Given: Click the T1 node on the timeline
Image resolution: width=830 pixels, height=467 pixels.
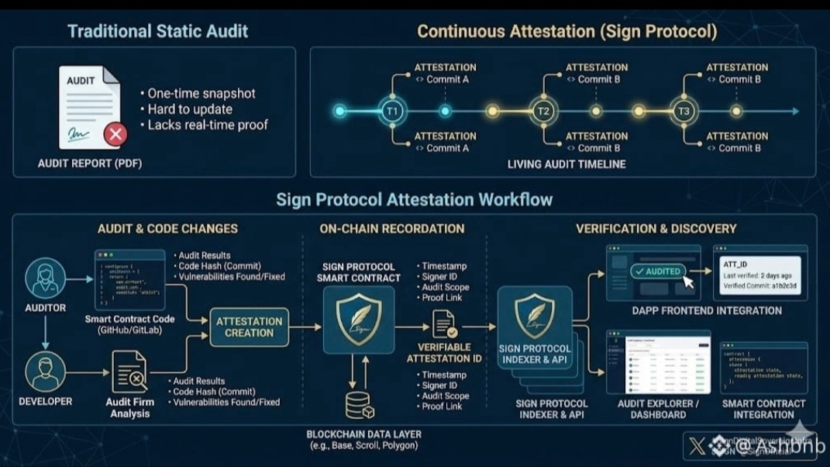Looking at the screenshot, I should [392, 112].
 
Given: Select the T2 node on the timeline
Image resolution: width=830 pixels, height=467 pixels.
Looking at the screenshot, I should [544, 112].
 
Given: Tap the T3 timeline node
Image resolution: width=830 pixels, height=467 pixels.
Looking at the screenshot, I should [684, 112].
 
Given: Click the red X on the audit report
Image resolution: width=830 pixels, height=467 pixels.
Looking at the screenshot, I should [115, 134].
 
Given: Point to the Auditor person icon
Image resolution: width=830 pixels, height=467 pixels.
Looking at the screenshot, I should [45, 278].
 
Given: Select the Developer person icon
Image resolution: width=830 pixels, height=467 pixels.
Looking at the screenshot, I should [45, 372].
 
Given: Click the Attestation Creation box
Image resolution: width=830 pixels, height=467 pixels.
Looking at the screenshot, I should [249, 327].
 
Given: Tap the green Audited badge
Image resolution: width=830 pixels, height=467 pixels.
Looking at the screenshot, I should [657, 272].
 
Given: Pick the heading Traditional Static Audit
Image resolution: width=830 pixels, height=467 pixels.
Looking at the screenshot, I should [157, 32].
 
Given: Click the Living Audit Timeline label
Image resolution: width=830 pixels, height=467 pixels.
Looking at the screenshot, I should [567, 164].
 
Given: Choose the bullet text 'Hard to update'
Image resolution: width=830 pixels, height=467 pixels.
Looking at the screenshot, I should [190, 109].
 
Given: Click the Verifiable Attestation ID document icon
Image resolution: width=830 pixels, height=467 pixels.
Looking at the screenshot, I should [444, 325].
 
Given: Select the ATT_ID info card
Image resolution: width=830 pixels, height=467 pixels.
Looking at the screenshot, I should [759, 274].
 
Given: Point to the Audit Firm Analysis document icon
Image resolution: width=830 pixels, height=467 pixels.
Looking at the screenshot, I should [129, 372].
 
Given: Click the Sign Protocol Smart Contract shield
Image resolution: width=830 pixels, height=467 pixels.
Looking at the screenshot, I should [358, 319].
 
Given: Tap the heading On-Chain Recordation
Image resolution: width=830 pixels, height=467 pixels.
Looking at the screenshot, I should [392, 229].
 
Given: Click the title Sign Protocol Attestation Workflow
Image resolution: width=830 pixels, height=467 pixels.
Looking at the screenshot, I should [415, 200].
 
